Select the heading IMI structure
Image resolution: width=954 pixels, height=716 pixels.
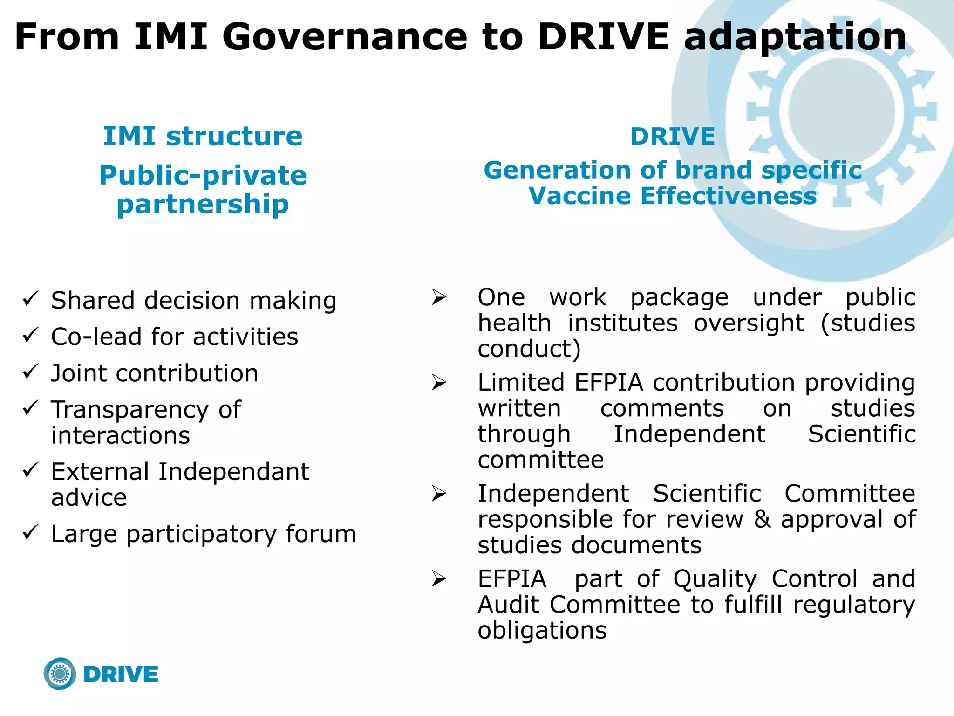point(203,136)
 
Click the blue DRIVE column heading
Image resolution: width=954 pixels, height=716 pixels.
point(672,137)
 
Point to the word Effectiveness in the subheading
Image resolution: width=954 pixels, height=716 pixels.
point(729,196)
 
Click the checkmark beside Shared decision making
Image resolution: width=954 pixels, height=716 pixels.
point(31,298)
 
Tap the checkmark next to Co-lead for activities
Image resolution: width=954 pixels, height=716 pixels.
point(31,335)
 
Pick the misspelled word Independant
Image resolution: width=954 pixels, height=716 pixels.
point(233,472)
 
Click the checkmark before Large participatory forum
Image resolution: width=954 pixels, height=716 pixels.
point(31,532)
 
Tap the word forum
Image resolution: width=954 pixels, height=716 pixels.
point(321,534)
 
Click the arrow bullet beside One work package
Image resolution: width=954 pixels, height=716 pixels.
point(439,297)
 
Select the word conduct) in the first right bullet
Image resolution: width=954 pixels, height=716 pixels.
point(529,349)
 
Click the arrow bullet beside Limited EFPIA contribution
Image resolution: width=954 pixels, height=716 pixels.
point(439,383)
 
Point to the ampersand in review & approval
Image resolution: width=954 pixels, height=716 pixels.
point(762,519)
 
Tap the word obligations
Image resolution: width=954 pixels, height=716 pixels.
point(542,631)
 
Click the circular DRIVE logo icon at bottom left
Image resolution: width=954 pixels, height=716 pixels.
point(60,674)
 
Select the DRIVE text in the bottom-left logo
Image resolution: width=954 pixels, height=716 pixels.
point(121,675)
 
